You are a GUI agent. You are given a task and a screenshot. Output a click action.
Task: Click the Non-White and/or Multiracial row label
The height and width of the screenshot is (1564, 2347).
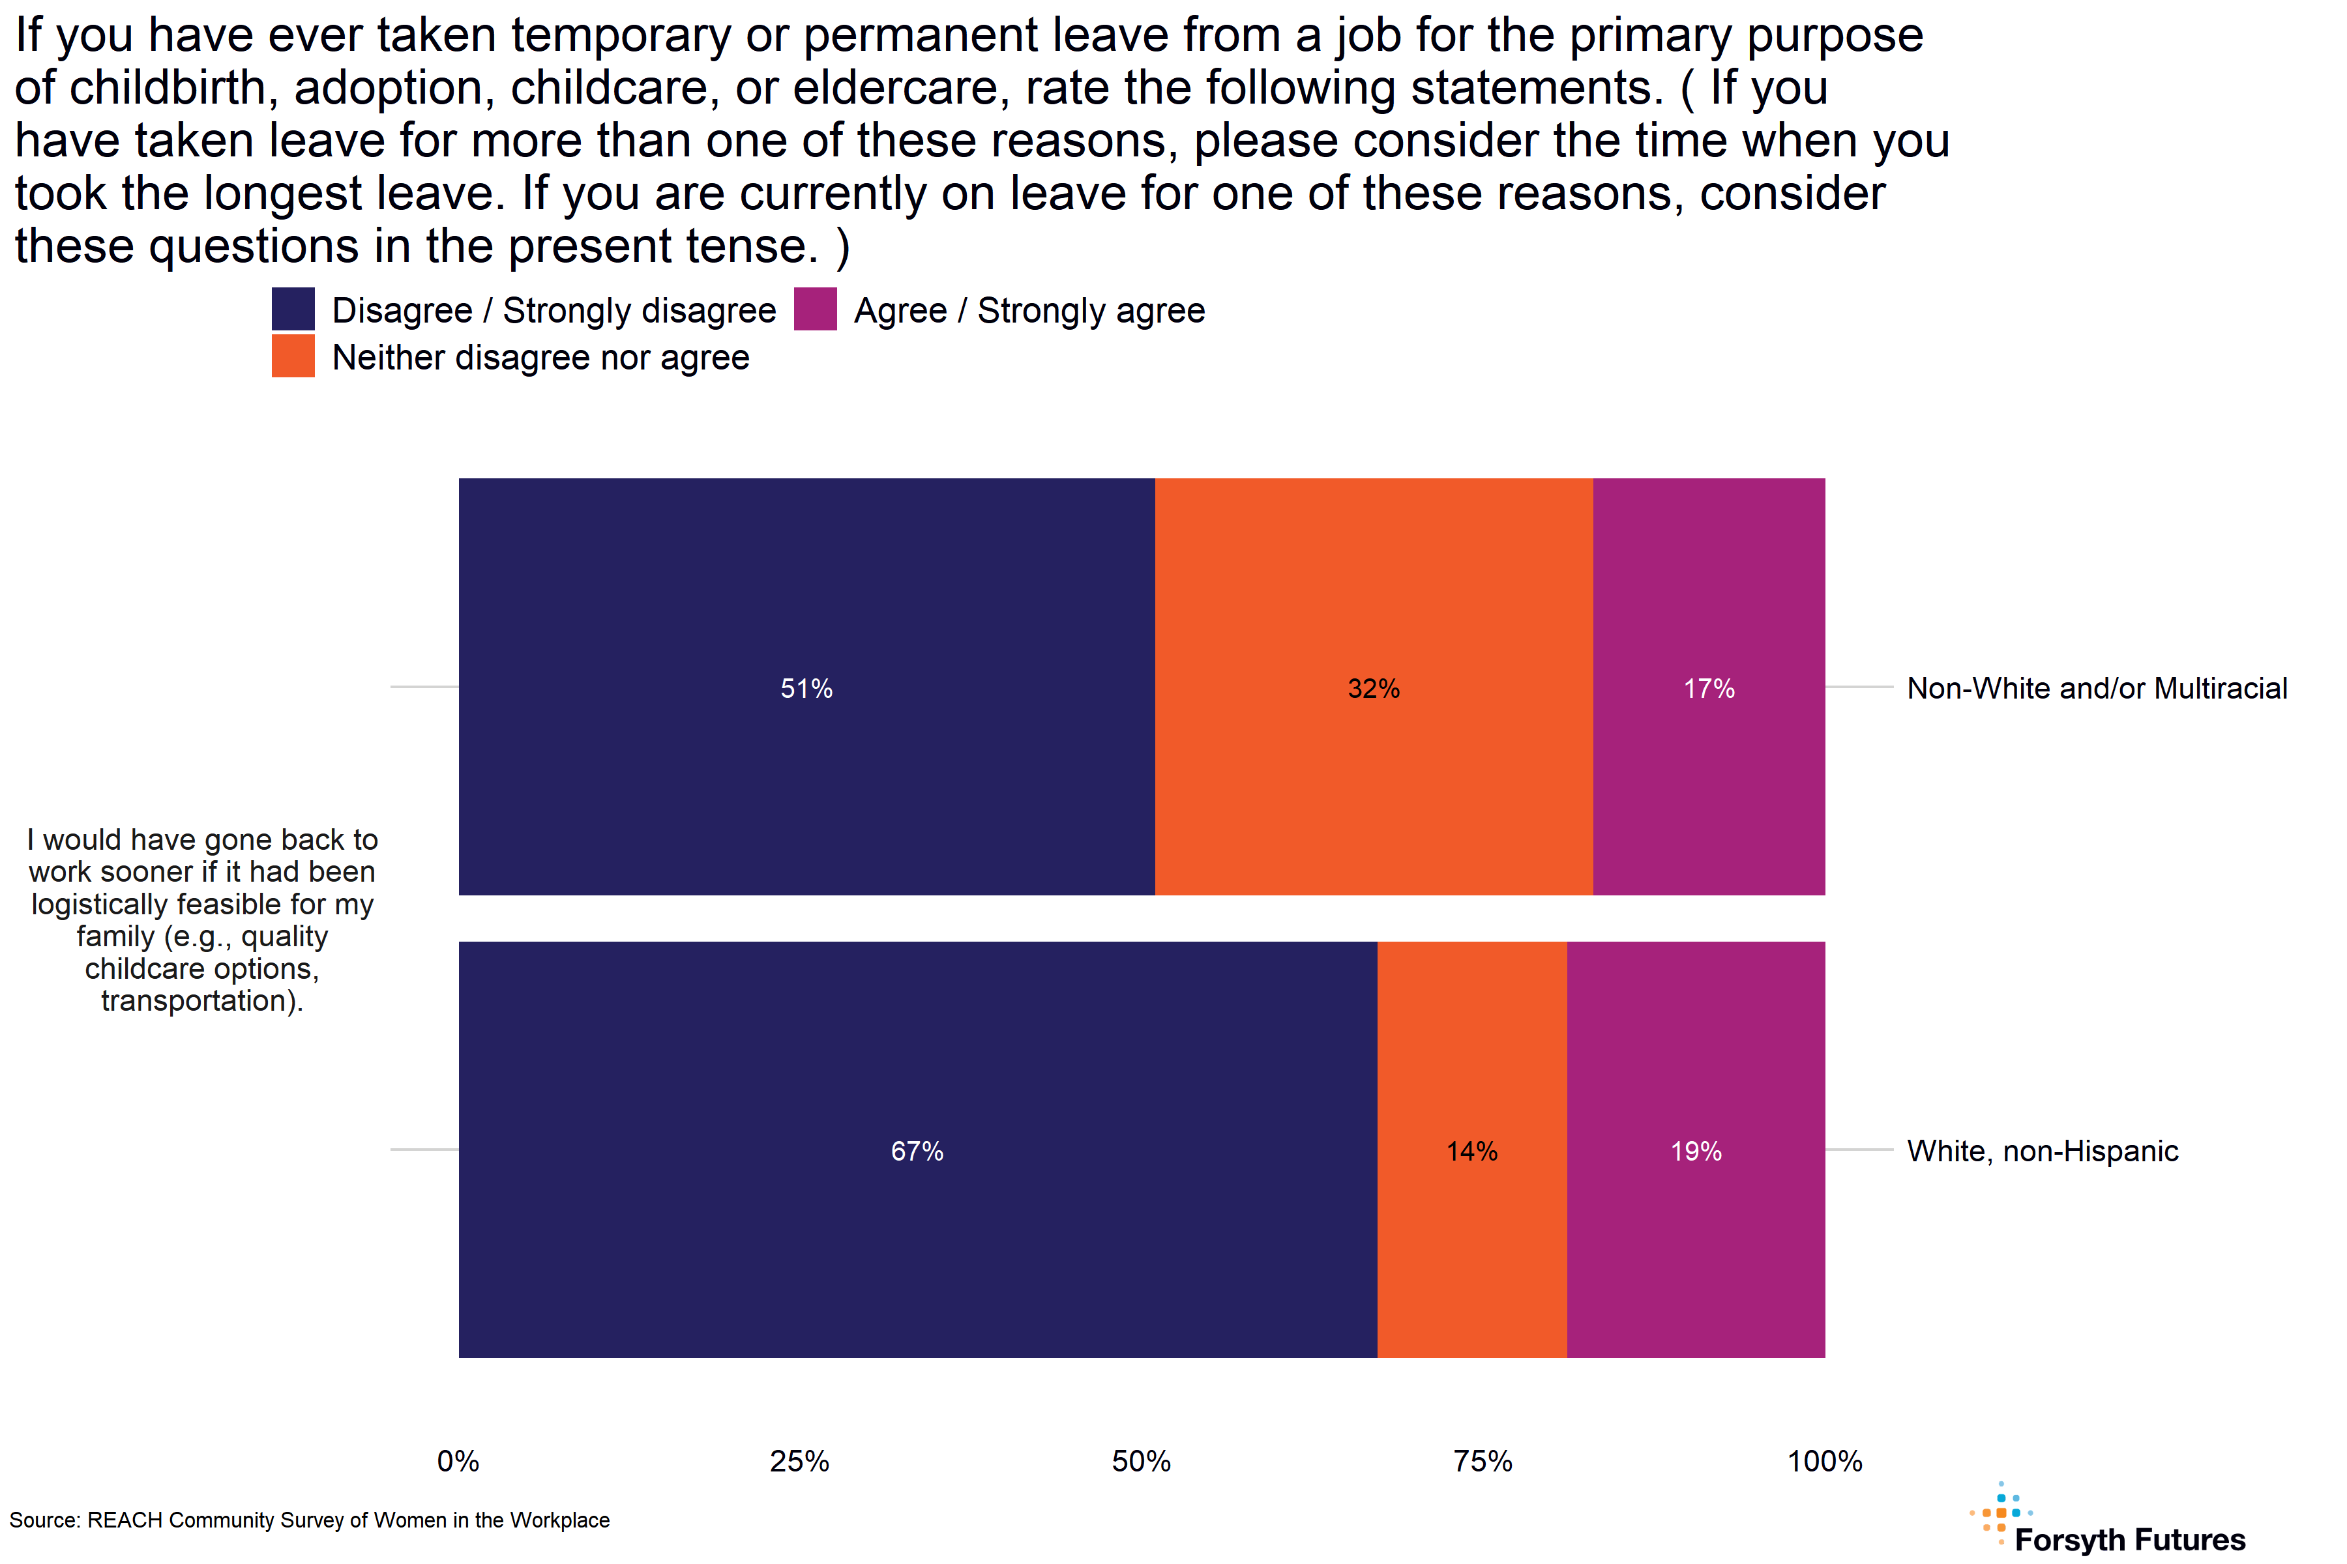2097,688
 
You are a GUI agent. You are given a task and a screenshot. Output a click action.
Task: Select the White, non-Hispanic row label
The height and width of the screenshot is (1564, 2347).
2042,1151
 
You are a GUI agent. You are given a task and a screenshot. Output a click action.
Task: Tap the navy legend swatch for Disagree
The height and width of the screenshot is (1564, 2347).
293,309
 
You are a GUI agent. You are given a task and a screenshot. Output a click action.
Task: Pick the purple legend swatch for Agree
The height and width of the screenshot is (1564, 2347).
816,309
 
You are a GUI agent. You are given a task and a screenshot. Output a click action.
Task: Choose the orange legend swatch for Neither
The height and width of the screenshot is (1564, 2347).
293,356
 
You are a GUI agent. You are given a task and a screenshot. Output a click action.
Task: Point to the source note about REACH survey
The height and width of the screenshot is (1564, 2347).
309,1520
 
